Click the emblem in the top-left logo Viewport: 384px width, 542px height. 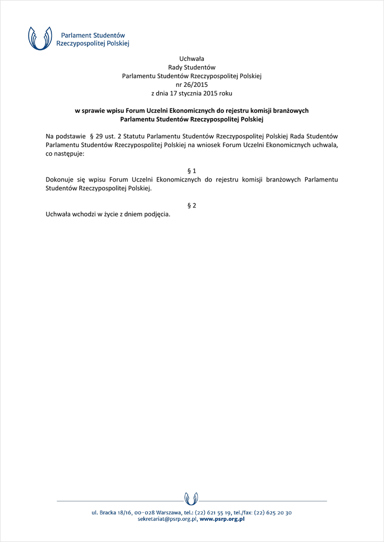pyautogui.click(x=40, y=38)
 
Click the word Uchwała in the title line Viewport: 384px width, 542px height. pyautogui.click(x=192, y=58)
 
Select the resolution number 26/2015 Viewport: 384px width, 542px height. pyautogui.click(x=197, y=84)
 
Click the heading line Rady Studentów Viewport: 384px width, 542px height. pyautogui.click(x=192, y=67)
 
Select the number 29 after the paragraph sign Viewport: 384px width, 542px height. pyautogui.click(x=99, y=136)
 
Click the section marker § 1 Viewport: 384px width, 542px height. pyautogui.click(x=192, y=170)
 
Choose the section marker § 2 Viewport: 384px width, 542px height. pyautogui.click(x=192, y=205)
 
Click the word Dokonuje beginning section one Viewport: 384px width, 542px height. pyautogui.click(x=60, y=179)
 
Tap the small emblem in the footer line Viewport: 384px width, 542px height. pyautogui.click(x=192, y=499)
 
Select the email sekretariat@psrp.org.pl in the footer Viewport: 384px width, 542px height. pyautogui.click(x=167, y=520)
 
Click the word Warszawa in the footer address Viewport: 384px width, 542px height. pyautogui.click(x=166, y=512)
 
